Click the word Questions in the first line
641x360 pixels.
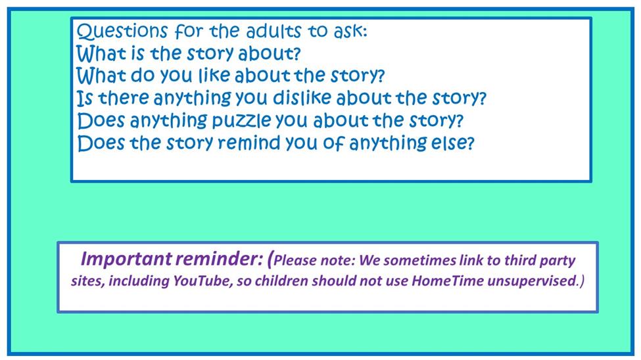click(x=122, y=31)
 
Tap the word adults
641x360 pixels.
click(x=274, y=31)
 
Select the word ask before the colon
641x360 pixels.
click(x=348, y=31)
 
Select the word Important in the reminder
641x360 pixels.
click(x=126, y=259)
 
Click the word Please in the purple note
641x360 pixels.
click(x=295, y=260)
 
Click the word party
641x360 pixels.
click(x=558, y=261)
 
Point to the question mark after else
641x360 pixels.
click(x=470, y=143)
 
